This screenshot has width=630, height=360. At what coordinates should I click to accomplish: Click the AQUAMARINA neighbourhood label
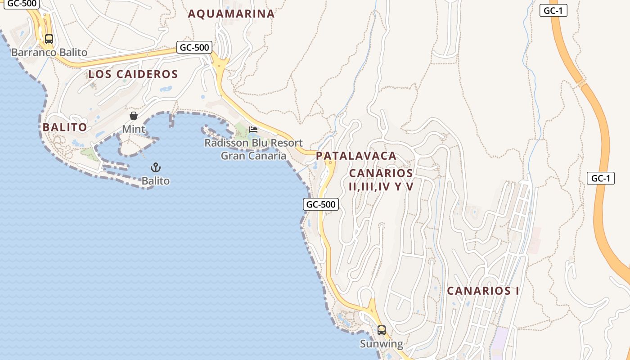click(231, 14)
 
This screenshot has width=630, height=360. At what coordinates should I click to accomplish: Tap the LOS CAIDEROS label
click(133, 74)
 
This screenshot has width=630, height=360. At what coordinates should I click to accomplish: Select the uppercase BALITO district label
click(65, 127)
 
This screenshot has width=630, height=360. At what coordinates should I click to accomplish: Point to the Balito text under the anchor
click(156, 181)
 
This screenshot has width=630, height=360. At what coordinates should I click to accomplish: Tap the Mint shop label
click(134, 130)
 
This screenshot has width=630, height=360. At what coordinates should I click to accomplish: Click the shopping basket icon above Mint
click(134, 116)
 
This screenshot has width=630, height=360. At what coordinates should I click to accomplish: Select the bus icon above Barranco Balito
click(49, 39)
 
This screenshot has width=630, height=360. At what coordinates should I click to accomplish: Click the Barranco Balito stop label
click(49, 53)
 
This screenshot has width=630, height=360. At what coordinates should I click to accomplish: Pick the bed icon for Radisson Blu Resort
click(253, 130)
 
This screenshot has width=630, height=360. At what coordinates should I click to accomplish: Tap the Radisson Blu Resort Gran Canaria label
click(253, 149)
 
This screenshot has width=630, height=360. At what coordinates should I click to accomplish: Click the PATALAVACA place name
click(356, 156)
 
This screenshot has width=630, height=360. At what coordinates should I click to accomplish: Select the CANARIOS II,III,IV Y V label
click(381, 180)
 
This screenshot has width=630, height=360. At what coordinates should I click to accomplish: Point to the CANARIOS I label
click(483, 291)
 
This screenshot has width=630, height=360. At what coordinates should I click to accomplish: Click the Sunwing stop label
click(381, 344)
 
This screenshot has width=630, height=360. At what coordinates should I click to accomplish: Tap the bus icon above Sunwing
click(381, 330)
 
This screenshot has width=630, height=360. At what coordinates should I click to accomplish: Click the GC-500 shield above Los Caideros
click(194, 47)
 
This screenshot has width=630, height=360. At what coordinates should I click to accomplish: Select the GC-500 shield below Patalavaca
click(320, 204)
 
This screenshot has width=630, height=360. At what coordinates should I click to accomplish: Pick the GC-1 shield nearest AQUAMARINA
click(553, 11)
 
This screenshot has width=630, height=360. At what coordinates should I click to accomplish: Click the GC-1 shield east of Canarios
click(600, 178)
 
